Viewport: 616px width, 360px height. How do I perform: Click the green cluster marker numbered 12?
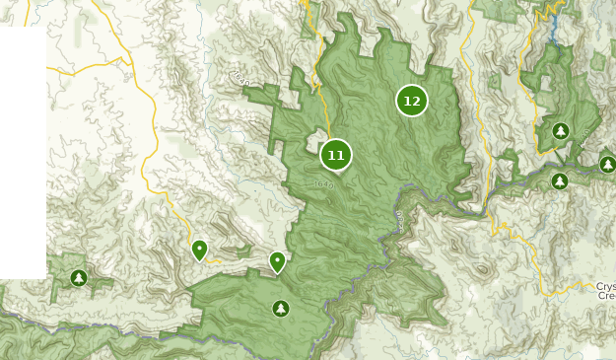point(412,101)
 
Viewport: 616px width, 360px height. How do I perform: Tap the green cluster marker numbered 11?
point(336,155)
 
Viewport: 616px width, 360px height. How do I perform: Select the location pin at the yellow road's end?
point(199,250)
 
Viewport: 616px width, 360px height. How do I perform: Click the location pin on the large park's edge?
point(278,261)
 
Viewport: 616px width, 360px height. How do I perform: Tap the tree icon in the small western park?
point(78,278)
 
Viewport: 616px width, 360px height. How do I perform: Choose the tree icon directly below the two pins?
point(281,309)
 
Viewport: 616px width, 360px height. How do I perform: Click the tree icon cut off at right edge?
point(608,164)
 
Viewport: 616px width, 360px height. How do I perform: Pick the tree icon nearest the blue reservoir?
point(561,130)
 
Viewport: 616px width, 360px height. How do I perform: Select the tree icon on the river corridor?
point(560,180)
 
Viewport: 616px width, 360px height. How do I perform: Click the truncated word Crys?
point(605,287)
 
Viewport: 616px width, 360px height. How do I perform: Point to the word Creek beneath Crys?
point(605,296)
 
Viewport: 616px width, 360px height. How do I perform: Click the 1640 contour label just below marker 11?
point(324,184)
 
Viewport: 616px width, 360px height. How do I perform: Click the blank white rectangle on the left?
point(23,148)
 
